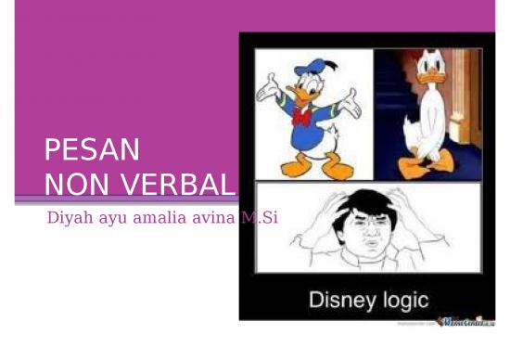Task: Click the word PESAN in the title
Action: tap(92, 149)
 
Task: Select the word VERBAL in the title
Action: tap(173, 184)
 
